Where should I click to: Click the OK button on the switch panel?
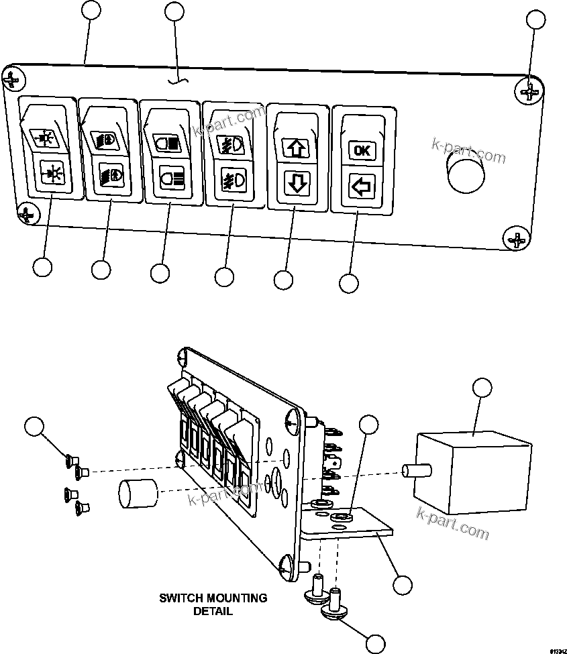362,150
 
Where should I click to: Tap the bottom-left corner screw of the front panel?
26,213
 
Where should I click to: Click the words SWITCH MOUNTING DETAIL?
213,604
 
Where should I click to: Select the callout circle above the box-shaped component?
482,388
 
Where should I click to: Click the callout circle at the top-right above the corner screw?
535,19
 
